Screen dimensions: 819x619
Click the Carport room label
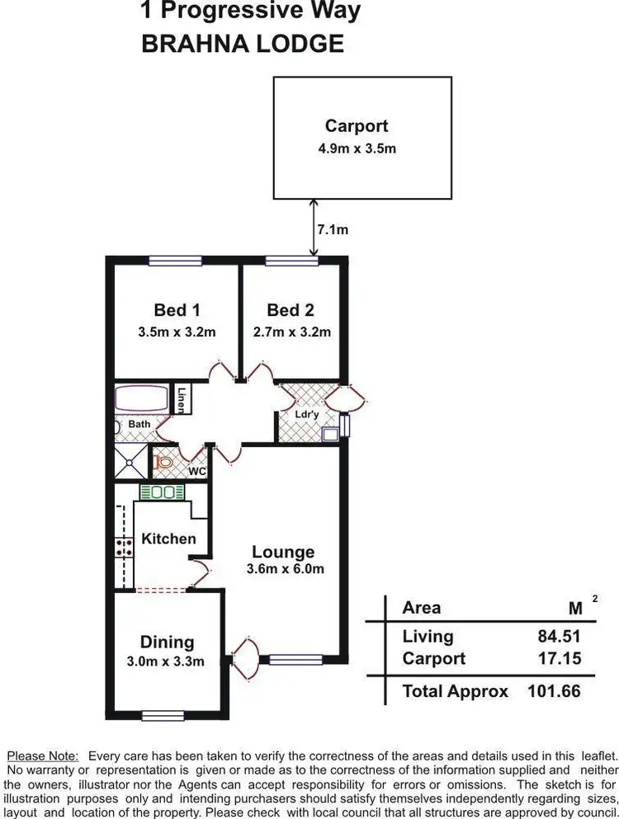356,126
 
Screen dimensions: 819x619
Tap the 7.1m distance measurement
333,229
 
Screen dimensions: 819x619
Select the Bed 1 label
177,310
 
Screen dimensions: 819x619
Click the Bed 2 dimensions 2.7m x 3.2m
291,332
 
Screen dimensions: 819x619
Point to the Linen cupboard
180,400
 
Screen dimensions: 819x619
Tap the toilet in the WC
164,463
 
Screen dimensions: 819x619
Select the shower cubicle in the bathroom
130,463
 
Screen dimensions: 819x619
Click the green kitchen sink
162,492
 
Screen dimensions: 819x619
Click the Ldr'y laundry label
306,414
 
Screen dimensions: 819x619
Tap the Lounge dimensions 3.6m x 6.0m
285,569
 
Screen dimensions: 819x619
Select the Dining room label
167,642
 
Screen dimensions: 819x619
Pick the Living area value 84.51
559,636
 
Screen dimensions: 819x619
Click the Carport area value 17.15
559,658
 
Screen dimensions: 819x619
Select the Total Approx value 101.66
554,691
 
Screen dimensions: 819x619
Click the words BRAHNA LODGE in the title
243,44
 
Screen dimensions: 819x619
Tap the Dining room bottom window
163,715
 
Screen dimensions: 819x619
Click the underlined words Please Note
43,755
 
